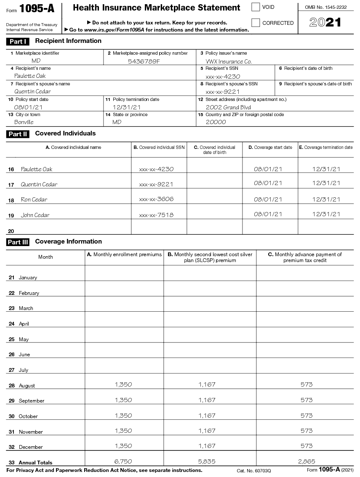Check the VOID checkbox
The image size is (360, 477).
pos(256,7)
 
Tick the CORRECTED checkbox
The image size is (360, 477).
pos(256,23)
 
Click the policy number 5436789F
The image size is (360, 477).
pos(144,61)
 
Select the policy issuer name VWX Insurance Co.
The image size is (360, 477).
pos(229,61)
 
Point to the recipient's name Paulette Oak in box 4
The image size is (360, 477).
pos(30,76)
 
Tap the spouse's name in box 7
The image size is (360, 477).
pos(32,91)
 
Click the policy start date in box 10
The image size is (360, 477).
pos(28,107)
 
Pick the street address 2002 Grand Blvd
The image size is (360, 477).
pos(228,107)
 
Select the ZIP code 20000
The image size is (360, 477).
pos(216,122)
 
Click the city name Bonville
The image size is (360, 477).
pos(24,122)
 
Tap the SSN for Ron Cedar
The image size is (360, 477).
pos(156,199)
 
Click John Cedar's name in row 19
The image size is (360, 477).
pos(35,215)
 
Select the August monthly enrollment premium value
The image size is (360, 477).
pos(123,384)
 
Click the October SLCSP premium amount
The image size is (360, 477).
pos(207,415)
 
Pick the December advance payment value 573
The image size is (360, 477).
pos(307,445)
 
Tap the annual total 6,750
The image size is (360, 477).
pos(123,461)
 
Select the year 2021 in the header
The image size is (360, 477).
pos(325,23)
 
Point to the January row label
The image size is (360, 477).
pos(28,278)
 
